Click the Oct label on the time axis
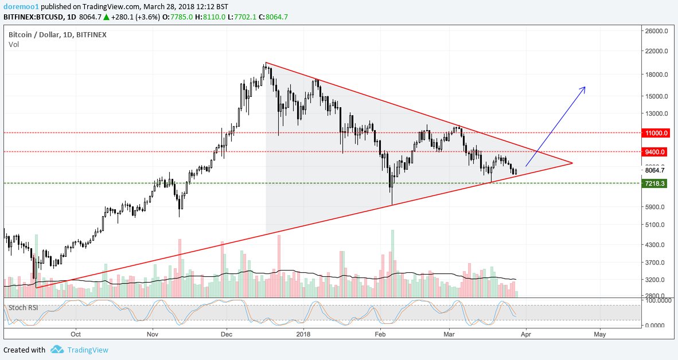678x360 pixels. pyautogui.click(x=76, y=333)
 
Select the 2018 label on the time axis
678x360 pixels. pyautogui.click(x=303, y=333)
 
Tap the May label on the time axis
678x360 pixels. pyautogui.click(x=600, y=333)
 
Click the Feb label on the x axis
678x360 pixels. pyautogui.click(x=379, y=333)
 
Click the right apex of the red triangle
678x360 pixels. pyautogui.click(x=572, y=163)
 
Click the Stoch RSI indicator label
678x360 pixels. pyautogui.click(x=24, y=307)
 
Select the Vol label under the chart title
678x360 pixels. pyautogui.click(x=14, y=44)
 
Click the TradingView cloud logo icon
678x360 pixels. pyautogui.click(x=57, y=349)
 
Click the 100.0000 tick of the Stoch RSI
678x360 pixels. pyautogui.click(x=657, y=300)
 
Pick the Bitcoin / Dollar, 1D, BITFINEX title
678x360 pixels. pyautogui.click(x=57, y=34)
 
